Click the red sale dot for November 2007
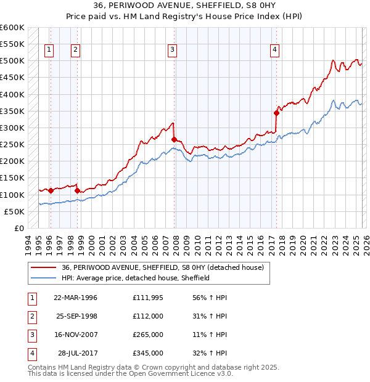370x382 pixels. [x=174, y=139]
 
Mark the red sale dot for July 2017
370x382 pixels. [x=277, y=113]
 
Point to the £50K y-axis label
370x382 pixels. [x=14, y=211]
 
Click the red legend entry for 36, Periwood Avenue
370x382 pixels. [x=163, y=267]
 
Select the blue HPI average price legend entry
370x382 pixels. [x=136, y=278]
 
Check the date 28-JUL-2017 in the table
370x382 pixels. [x=77, y=353]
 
